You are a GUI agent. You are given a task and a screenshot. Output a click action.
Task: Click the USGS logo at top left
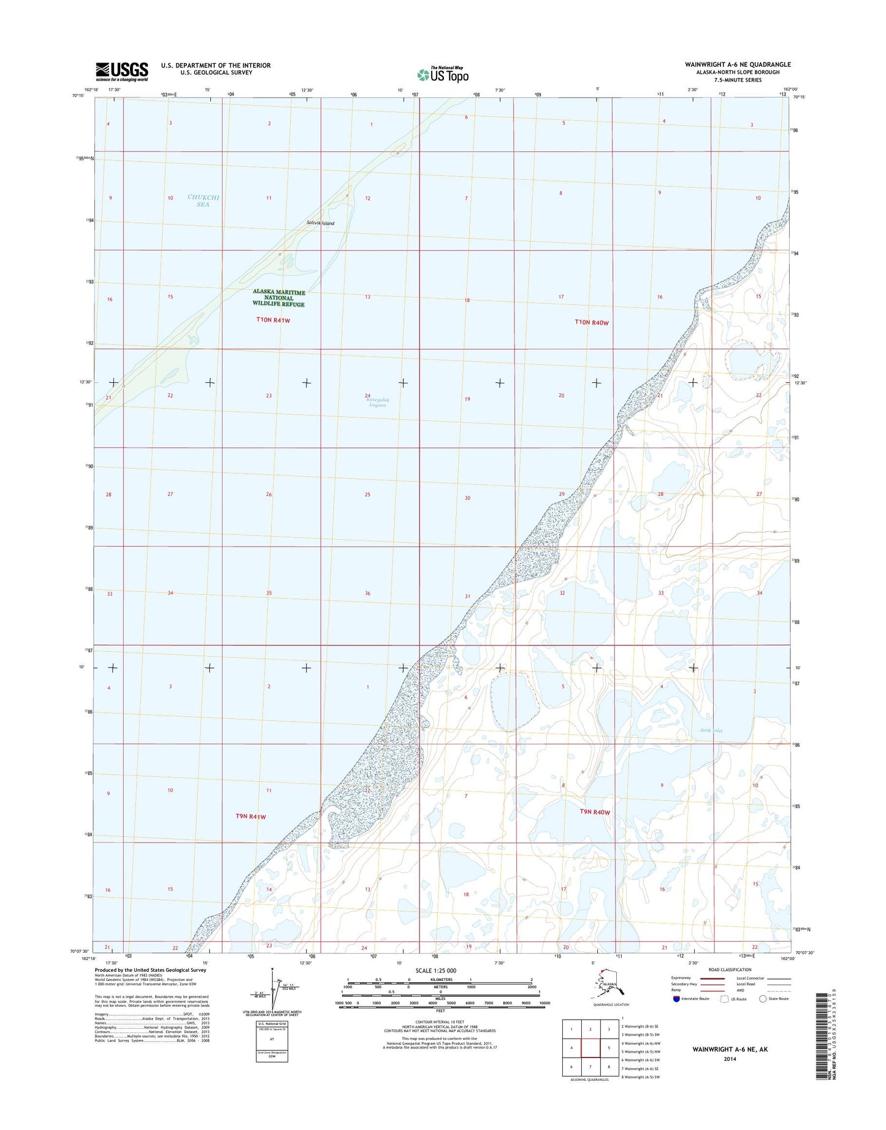pos(121,71)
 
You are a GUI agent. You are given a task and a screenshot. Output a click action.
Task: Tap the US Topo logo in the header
pos(443,74)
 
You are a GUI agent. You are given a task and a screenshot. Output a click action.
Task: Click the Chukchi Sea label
pos(203,201)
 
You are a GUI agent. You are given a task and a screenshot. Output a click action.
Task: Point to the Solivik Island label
pos(321,223)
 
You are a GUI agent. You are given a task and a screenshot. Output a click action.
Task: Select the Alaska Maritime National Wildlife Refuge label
pos(278,299)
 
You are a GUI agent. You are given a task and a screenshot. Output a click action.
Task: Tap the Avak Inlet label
pos(711,731)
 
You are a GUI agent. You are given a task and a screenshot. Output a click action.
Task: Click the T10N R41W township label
pos(273,321)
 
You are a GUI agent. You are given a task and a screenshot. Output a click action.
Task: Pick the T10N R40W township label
pos(592,322)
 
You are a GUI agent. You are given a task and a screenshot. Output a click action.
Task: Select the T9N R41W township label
pos(251,817)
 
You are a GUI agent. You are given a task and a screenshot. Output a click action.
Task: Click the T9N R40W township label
pos(595,812)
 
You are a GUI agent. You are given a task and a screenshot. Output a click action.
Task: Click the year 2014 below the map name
pos(730,1059)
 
